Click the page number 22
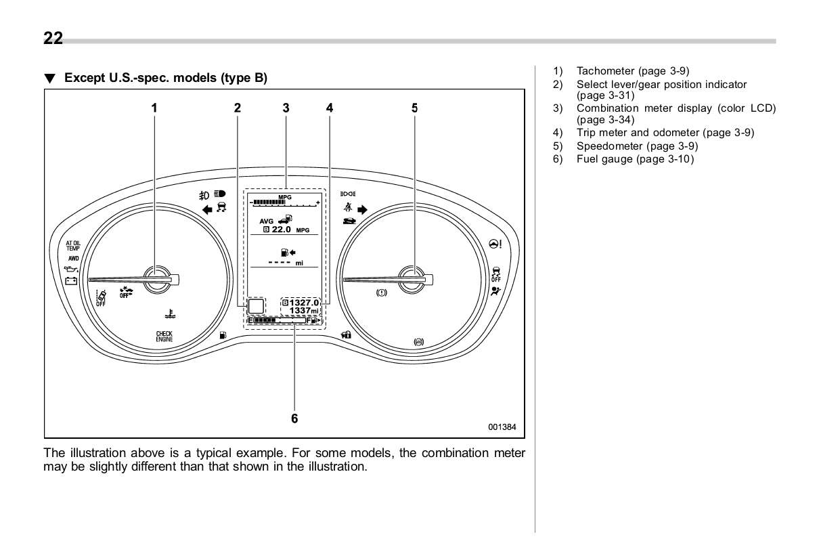(53, 39)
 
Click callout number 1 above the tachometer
(154, 107)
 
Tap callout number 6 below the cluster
(294, 418)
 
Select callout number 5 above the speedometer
(414, 107)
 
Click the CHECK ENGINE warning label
(164, 337)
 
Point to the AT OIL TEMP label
(72, 245)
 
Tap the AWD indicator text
(72, 258)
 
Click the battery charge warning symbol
(70, 280)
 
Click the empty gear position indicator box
(256, 307)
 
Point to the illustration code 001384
(502, 427)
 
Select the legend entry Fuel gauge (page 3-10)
(635, 159)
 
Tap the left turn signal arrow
(207, 210)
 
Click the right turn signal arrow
(362, 210)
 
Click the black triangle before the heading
(49, 79)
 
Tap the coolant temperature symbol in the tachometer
(169, 314)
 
